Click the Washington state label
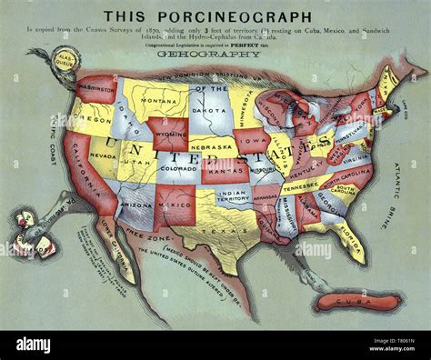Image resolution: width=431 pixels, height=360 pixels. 97,89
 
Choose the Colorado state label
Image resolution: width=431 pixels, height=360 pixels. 178,167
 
